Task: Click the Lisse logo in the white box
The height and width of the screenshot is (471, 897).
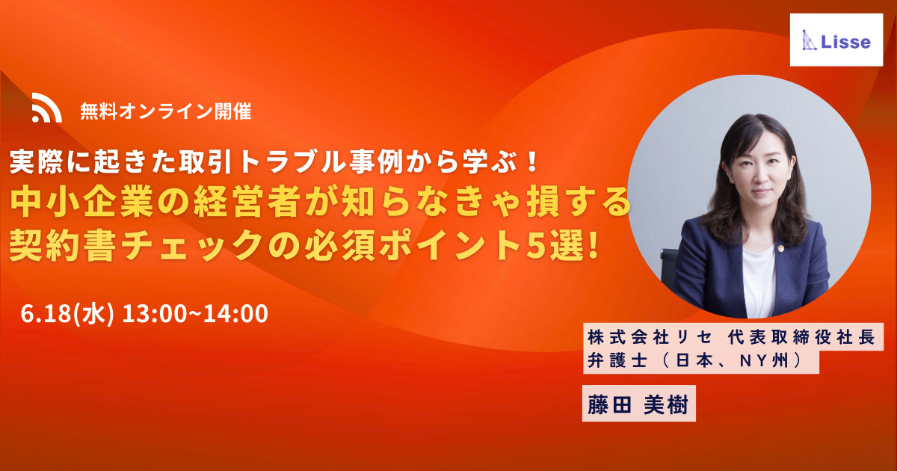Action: tap(836, 40)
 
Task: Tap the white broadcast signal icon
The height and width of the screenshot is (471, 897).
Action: tap(47, 108)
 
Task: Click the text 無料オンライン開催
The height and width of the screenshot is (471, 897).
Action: tap(166, 111)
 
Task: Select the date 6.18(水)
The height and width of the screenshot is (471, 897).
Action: tap(67, 313)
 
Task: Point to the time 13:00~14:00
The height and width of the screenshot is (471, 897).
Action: tap(195, 313)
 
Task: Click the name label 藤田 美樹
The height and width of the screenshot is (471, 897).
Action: tap(638, 404)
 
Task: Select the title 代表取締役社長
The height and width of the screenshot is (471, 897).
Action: tap(801, 338)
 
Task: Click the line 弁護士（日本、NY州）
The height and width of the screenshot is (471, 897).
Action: tap(697, 361)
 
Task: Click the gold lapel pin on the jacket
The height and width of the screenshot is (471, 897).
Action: tap(780, 248)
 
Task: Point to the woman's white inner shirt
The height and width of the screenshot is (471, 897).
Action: tap(759, 280)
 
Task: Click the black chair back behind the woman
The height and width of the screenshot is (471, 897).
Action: tap(668, 265)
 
